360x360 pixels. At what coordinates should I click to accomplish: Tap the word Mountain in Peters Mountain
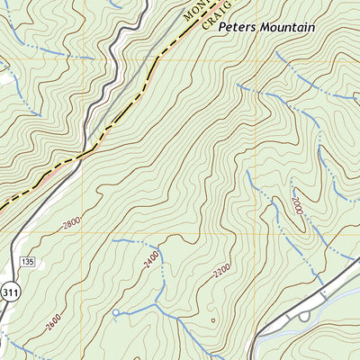286,28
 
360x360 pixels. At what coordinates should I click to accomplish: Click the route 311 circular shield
10,292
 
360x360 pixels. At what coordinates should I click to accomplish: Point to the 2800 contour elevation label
71,221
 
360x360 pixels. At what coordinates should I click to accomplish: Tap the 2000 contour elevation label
296,206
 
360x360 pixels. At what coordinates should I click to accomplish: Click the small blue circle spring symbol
115,313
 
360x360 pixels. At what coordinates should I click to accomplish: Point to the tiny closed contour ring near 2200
212,319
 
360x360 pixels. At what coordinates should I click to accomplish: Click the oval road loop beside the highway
303,315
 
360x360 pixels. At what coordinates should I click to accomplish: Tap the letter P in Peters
221,28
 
